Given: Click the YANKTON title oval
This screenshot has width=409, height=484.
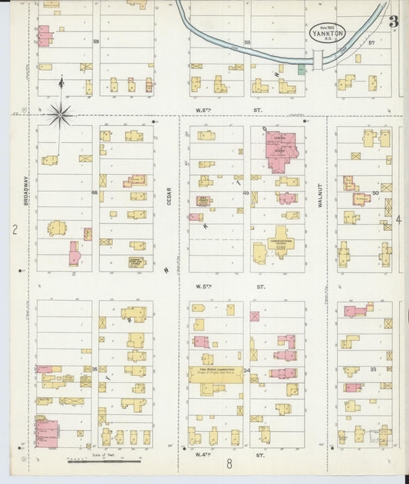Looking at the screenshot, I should [328, 33].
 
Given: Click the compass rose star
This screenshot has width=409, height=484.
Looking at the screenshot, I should [60, 115].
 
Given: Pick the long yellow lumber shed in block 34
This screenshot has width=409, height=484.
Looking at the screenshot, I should [216, 374].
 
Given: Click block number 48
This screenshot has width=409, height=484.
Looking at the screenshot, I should [95, 193].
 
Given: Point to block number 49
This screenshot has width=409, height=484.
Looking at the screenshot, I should [246, 193].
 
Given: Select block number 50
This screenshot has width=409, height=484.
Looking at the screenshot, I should [376, 193].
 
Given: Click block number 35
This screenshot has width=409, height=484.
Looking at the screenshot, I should [95, 369].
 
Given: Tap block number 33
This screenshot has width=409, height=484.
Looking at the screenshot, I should [374, 369].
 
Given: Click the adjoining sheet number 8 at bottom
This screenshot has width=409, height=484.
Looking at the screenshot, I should [228, 463].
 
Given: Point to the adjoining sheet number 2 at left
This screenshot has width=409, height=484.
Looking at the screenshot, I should [14, 229].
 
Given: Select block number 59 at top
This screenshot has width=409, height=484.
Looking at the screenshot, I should [96, 41].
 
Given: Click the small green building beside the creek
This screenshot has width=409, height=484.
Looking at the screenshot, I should [302, 69].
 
